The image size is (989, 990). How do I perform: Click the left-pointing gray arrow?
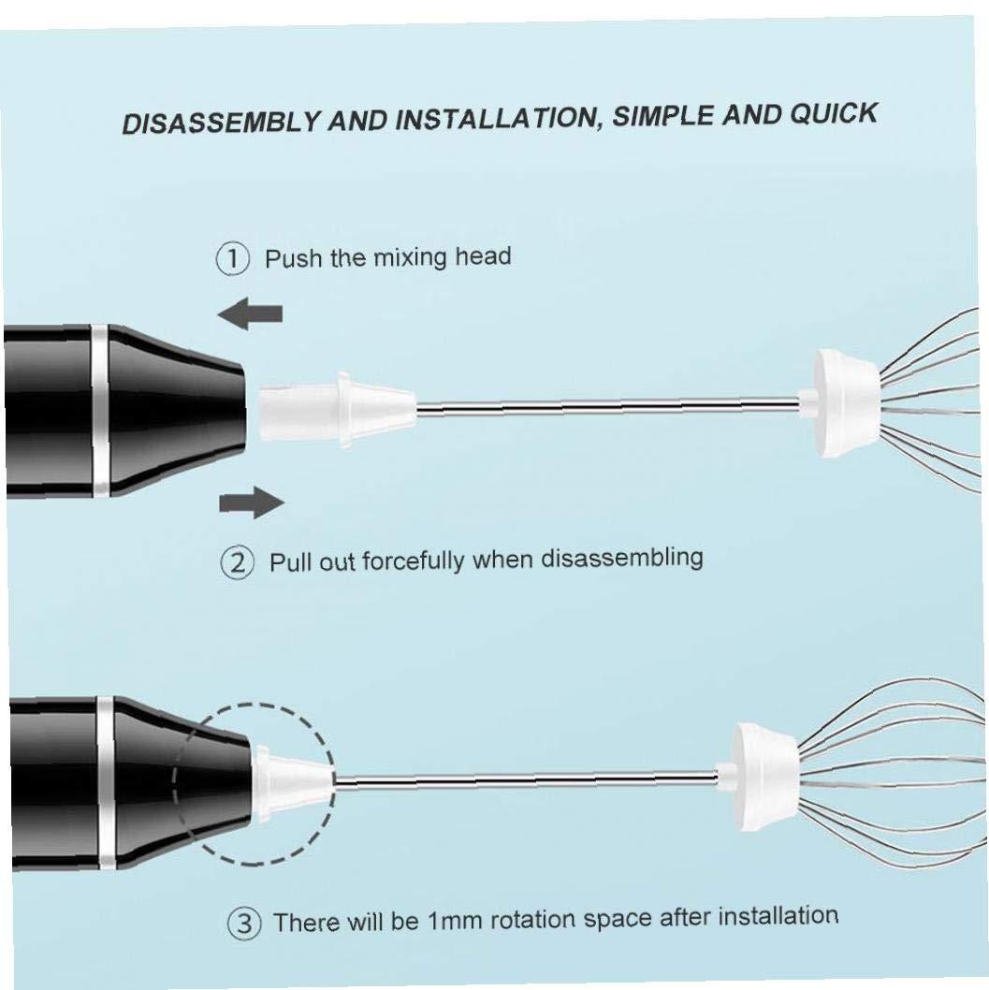pos(250,313)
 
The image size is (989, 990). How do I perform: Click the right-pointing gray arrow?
pos(251,502)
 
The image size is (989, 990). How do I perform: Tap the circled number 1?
pos(232,259)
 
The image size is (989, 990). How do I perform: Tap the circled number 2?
pos(238,562)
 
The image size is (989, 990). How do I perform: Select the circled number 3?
pos(243,924)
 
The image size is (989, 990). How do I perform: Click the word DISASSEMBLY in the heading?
pos(221,123)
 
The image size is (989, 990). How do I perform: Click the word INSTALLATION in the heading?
pos(497,118)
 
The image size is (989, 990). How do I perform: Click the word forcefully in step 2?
pos(414,561)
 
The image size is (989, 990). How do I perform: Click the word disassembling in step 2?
pos(621,558)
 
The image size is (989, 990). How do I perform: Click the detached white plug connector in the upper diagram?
pos(337,409)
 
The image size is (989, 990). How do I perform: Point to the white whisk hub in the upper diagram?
pos(838,402)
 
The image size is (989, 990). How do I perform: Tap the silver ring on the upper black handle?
pos(99,411)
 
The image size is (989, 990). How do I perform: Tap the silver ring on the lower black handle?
pos(106,783)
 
